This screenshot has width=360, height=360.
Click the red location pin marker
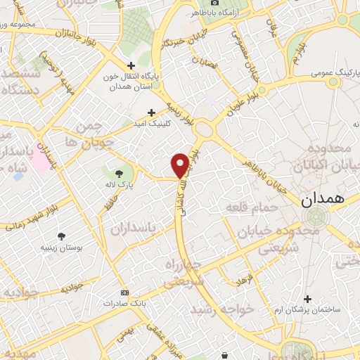coord(180,165)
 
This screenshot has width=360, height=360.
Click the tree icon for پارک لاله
coord(118,172)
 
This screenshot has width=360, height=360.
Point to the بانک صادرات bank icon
coord(125,292)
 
